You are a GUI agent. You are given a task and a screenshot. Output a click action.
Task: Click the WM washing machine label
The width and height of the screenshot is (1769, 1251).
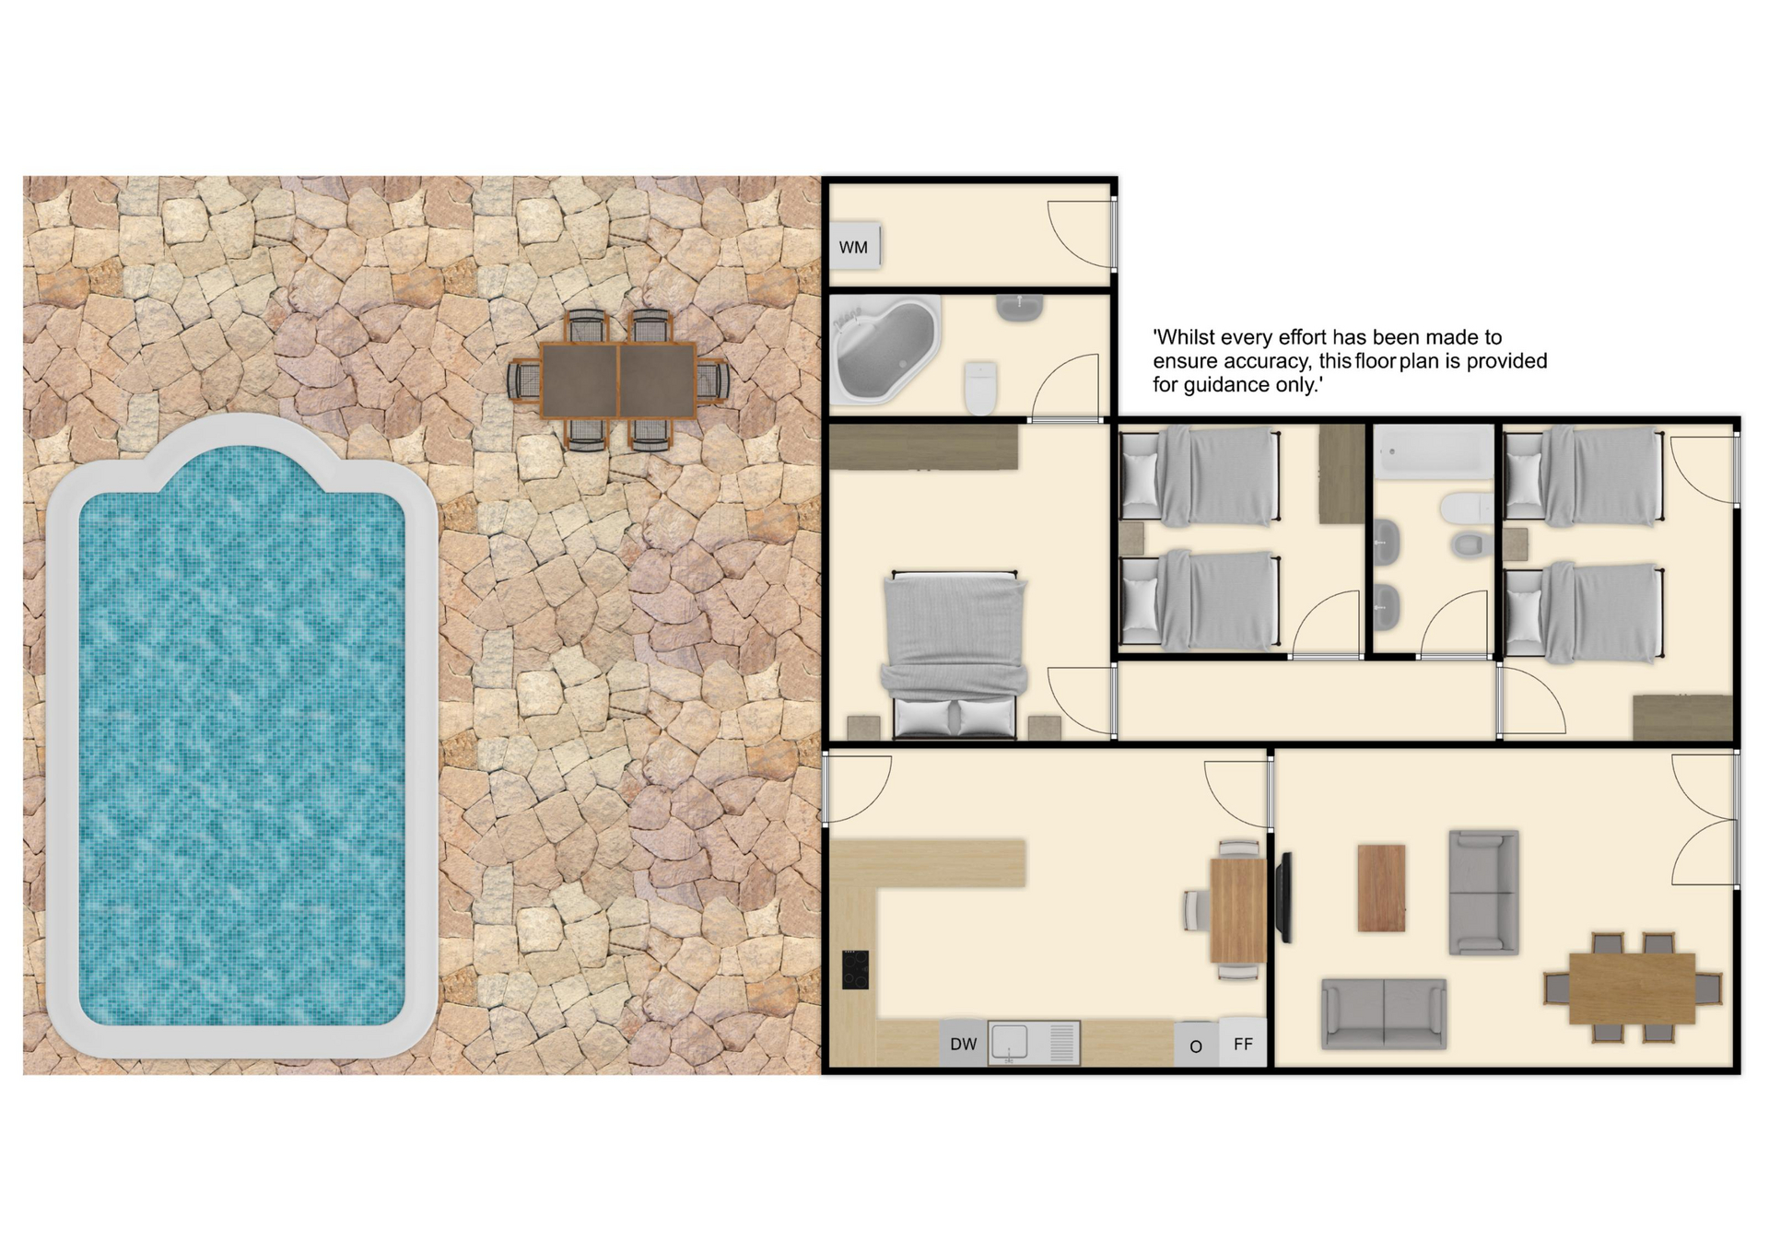853,247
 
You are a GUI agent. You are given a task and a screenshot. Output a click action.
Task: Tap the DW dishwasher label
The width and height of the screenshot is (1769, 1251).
963,1044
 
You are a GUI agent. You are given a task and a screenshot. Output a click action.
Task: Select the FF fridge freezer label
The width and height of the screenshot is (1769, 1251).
1243,1044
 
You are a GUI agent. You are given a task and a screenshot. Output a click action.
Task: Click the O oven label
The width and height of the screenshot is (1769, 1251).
1196,1046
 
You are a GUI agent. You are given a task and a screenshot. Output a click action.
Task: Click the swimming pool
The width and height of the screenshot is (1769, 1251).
241,737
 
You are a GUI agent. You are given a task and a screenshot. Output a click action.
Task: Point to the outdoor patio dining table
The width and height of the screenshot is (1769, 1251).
618,380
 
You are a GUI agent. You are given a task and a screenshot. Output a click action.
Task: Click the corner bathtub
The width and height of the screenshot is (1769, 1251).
884,350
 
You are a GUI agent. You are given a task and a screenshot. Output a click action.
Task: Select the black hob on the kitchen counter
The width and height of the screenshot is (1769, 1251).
855,969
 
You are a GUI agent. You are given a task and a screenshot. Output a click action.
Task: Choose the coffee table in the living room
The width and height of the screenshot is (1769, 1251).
1381,888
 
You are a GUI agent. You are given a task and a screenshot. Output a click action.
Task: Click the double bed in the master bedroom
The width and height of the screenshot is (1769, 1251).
955,655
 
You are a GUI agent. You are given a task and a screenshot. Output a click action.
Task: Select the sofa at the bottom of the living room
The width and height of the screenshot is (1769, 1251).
1384,1014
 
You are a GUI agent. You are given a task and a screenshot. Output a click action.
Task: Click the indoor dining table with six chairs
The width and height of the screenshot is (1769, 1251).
1632,988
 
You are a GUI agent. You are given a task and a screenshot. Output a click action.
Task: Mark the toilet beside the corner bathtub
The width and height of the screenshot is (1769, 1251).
981,388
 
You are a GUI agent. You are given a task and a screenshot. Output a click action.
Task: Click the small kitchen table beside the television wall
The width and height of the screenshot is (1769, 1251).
1238,909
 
